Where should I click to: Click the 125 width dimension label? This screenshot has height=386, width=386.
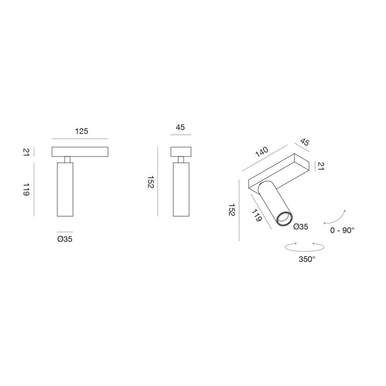(x=82, y=131)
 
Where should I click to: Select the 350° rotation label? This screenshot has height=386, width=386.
(x=306, y=260)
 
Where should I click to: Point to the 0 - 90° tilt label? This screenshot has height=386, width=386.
(x=343, y=230)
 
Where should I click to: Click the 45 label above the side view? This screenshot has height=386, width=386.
(x=180, y=127)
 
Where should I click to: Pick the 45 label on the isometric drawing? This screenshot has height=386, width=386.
(x=304, y=142)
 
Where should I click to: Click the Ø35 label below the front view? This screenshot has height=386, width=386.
(x=65, y=239)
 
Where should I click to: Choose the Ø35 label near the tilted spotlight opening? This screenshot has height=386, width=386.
(x=300, y=227)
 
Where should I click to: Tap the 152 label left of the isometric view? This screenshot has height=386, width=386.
(x=231, y=210)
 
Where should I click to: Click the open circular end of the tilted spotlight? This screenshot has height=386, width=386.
(x=284, y=219)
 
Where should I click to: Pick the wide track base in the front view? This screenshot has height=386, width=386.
(x=81, y=152)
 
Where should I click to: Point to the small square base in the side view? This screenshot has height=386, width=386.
(x=181, y=152)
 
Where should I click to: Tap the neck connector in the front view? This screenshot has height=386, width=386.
(x=67, y=159)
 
